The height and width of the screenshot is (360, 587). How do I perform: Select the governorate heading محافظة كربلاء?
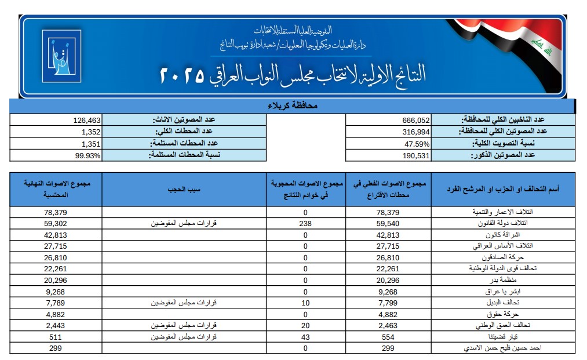click(292, 106)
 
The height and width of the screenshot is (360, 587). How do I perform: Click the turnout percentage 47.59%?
click(417, 143)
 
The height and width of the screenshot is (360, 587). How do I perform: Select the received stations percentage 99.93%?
click(87, 155)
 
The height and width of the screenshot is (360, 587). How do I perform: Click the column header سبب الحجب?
click(184, 190)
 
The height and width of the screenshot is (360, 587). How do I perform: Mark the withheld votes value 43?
click(307, 336)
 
